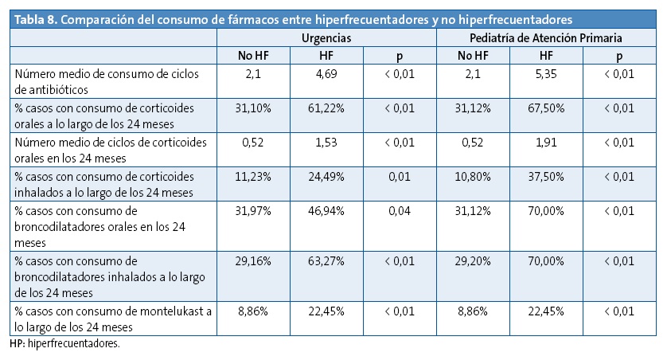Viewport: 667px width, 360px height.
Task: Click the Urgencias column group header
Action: tap(326, 37)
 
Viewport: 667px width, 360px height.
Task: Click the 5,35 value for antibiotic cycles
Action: tap(545, 74)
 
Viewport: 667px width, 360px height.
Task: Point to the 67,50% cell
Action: tap(545, 107)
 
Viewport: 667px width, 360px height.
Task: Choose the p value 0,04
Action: tap(399, 211)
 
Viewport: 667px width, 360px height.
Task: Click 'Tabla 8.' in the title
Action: tap(35, 18)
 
